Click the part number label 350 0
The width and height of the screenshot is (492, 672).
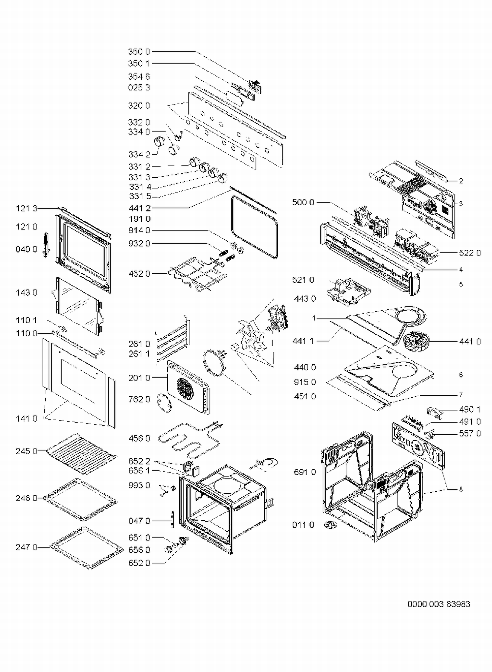coord(139,52)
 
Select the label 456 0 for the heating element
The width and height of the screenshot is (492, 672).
coord(139,438)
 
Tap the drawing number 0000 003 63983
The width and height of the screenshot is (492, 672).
coord(439,604)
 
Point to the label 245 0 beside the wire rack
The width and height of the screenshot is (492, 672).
coord(26,451)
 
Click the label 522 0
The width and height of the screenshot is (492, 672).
coord(470,253)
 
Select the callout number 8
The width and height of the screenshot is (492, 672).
coord(461,489)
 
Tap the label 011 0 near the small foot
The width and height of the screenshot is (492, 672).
coord(303,525)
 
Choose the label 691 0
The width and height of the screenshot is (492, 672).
coord(305,472)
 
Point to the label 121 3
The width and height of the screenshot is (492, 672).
coord(26,208)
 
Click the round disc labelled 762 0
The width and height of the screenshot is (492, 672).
coord(164,402)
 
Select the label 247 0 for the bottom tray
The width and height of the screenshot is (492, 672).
coord(26,547)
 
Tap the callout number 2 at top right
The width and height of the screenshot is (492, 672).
coord(461,181)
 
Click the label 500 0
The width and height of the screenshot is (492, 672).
coord(303,202)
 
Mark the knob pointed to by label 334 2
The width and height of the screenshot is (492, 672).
coord(159,142)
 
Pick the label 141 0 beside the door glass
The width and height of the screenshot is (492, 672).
coord(26,419)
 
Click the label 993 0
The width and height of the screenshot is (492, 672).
coord(139,485)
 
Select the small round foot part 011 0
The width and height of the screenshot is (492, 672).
coord(329,525)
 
